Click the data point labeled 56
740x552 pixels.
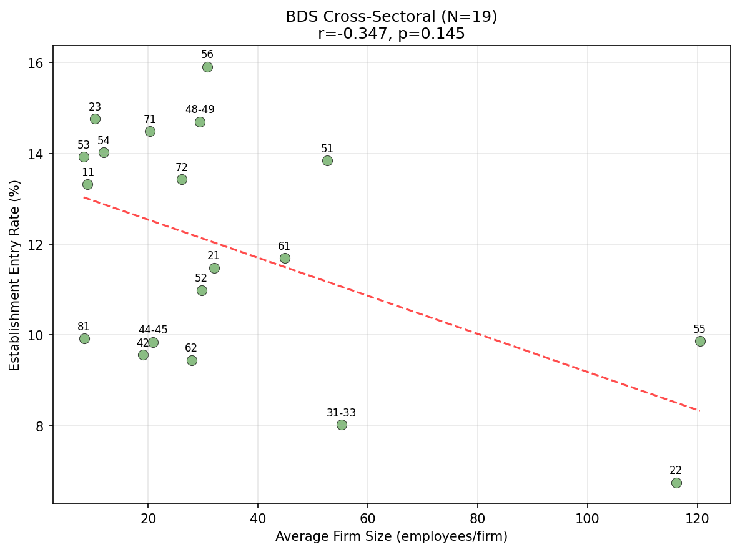207,67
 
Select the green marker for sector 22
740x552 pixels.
676,483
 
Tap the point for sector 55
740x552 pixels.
700,341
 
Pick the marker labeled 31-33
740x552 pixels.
342,425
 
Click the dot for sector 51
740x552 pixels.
327,160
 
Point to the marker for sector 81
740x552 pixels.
84,338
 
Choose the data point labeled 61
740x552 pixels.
285,258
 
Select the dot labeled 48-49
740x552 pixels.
200,122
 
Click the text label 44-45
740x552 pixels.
153,330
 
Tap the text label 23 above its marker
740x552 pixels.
95,107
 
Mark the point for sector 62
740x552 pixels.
192,360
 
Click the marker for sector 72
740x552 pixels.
182,179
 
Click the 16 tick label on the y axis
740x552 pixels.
39,63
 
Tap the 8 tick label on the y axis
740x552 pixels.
41,426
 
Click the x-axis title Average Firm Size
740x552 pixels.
391,536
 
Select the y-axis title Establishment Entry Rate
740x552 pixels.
14,275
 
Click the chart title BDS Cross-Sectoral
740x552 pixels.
391,17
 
